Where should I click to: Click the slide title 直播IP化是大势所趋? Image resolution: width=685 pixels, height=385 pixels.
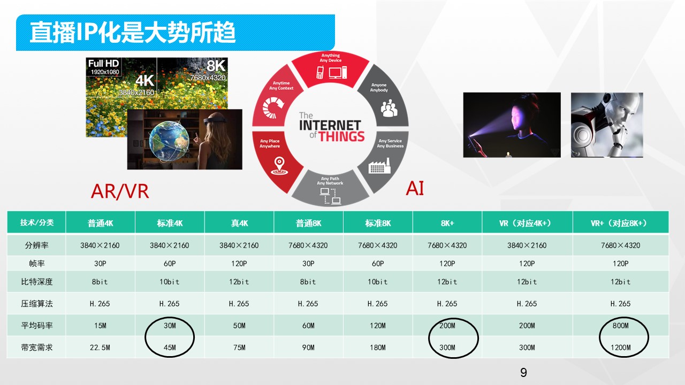(132, 32)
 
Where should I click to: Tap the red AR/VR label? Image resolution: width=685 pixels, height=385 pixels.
(120, 191)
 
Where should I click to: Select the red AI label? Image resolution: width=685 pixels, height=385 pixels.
(415, 188)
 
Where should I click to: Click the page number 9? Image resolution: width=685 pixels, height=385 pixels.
(523, 373)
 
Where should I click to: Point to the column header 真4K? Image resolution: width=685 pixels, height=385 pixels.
(239, 223)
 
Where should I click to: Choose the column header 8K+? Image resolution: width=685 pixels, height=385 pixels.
(447, 223)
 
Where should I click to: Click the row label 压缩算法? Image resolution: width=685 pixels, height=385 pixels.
(37, 303)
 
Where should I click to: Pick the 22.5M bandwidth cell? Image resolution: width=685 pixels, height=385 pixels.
(100, 348)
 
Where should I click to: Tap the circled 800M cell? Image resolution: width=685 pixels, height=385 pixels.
(620, 326)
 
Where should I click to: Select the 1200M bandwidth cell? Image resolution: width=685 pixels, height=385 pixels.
(620, 348)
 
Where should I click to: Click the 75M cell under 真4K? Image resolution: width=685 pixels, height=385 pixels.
(239, 348)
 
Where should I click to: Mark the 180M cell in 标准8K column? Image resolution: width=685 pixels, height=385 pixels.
(378, 348)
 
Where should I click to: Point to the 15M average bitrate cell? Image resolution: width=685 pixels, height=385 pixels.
(100, 326)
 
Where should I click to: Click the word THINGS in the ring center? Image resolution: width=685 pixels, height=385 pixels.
(341, 136)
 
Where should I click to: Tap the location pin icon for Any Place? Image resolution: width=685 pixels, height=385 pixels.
(279, 166)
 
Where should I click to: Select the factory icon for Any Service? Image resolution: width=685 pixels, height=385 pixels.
(379, 166)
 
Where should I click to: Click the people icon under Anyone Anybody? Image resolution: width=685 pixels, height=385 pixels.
(389, 108)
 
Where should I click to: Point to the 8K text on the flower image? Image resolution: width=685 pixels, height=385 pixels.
(216, 66)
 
